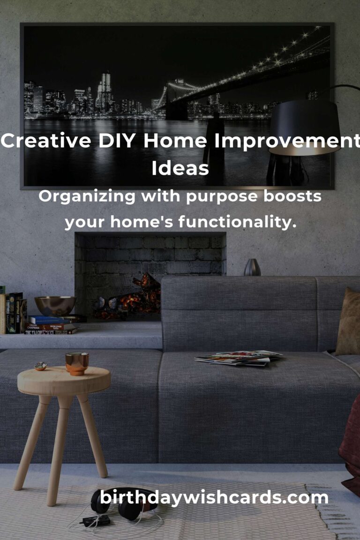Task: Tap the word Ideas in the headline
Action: click(x=180, y=168)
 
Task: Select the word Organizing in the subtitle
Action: click(x=87, y=197)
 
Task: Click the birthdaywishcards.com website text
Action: click(x=214, y=498)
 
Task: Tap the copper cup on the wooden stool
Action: click(x=77, y=363)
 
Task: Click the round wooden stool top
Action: click(x=64, y=381)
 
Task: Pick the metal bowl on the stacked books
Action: click(x=55, y=306)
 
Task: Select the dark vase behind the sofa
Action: click(x=252, y=267)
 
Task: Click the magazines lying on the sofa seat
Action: click(x=238, y=358)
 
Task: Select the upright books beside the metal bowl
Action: click(x=13, y=313)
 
